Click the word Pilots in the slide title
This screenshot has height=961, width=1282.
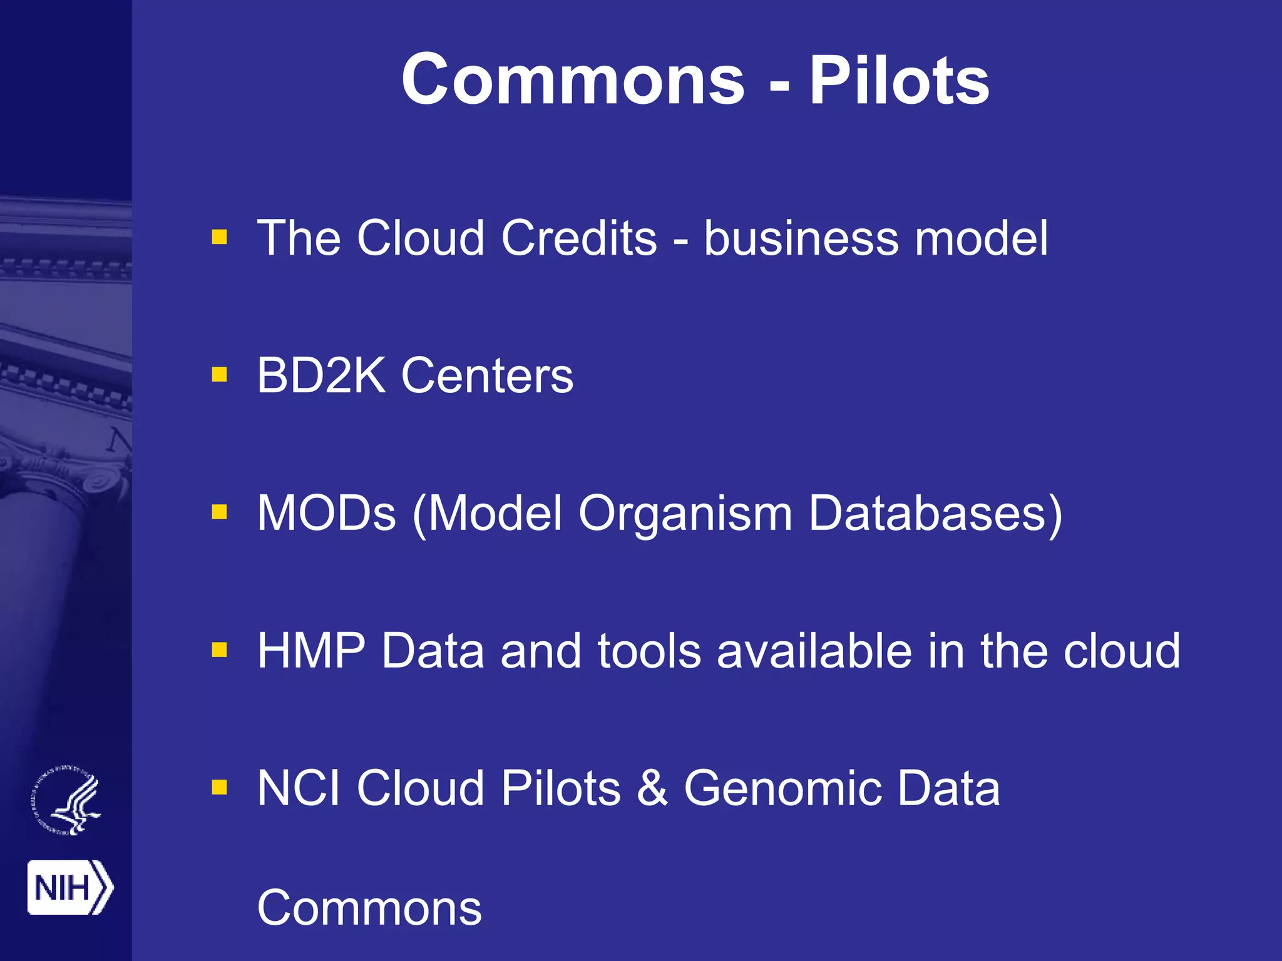pos(899,80)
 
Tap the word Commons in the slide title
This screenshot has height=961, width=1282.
pos(573,80)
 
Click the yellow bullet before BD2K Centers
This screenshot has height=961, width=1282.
pos(219,375)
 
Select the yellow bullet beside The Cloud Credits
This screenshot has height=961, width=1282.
pos(219,237)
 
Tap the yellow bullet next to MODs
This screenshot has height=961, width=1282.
pos(219,512)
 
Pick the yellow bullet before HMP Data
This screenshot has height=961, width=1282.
pos(219,650)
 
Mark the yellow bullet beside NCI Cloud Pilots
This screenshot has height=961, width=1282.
pos(219,787)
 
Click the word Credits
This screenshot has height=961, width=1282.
pos(579,238)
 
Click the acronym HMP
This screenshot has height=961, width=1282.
pos(311,651)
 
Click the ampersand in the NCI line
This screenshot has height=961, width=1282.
pos(652,788)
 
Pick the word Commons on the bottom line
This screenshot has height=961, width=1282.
pos(369,908)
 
